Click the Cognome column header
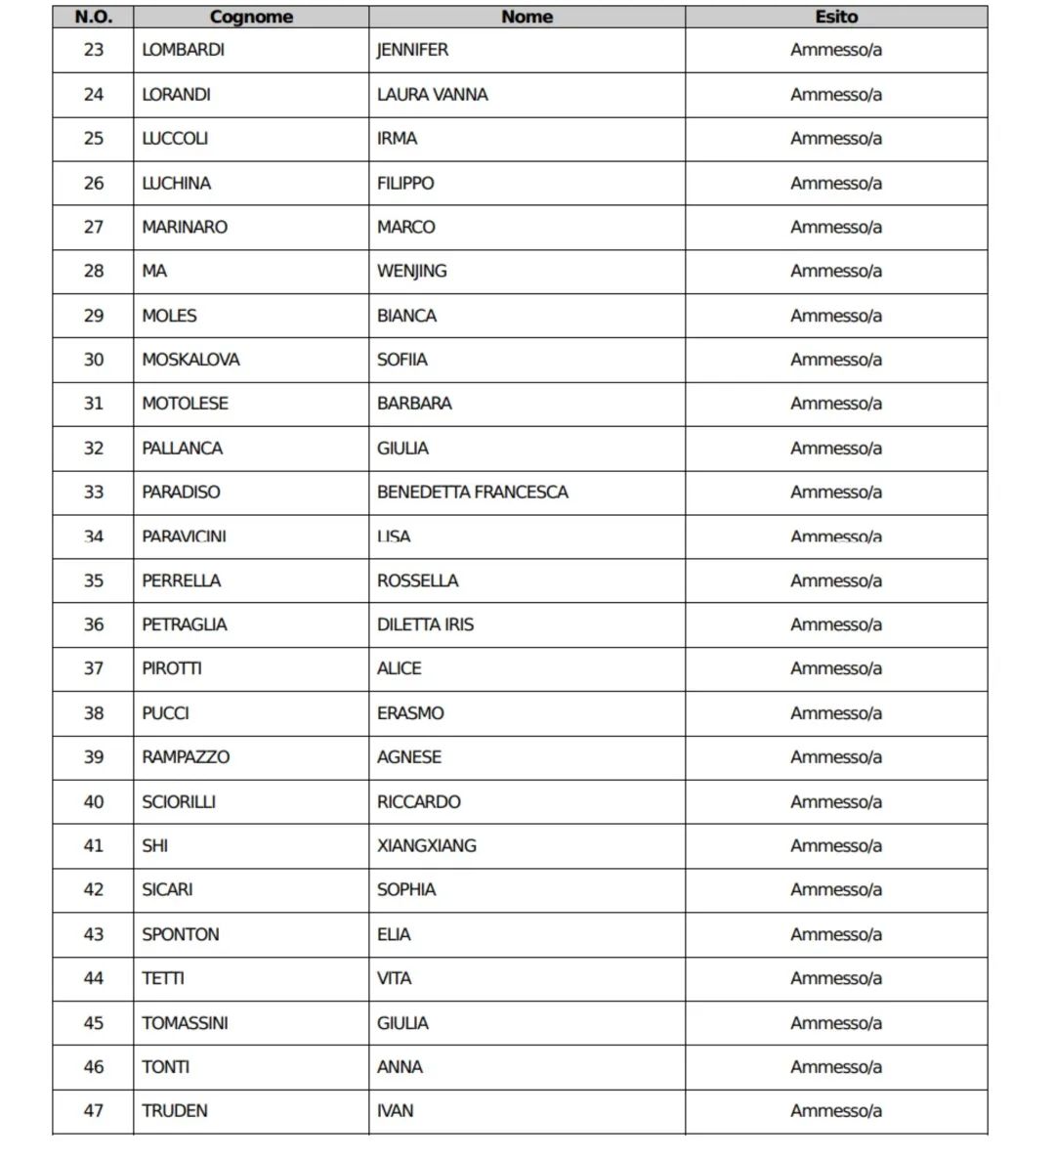point(251,17)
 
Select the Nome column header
point(527,17)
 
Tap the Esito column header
point(836,17)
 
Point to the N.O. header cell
point(94,17)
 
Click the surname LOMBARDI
point(183,50)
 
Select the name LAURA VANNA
point(432,95)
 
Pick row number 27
point(94,227)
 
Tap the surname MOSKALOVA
point(190,360)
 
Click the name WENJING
point(411,271)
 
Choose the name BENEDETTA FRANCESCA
point(472,492)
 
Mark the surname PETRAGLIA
point(184,624)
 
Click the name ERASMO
point(410,713)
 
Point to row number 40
point(94,801)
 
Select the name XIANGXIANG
point(426,845)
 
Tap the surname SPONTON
point(181,934)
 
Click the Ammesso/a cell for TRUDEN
point(836,1111)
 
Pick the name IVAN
point(395,1111)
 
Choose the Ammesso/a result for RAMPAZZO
point(836,757)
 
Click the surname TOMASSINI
point(185,1023)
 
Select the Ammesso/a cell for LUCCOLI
point(836,139)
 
